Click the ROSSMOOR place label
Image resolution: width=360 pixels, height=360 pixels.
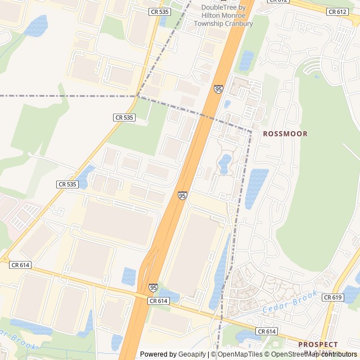(x=285, y=134)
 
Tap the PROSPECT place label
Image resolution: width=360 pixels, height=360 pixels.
(x=318, y=344)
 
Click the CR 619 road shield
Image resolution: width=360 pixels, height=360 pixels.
(x=334, y=297)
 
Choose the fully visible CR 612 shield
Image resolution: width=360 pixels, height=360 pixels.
(x=337, y=11)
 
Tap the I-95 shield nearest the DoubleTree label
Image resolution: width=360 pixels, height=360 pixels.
(x=218, y=89)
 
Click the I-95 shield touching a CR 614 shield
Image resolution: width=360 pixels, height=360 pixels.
(x=154, y=287)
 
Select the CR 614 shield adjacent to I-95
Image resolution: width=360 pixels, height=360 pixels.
(x=159, y=301)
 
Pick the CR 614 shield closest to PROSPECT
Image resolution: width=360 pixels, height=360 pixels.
(x=267, y=332)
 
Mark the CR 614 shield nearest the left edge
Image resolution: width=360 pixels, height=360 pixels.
(x=20, y=264)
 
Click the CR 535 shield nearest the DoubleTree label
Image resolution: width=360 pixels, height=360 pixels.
(x=160, y=11)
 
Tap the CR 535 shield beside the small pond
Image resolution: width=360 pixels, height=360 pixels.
(x=67, y=184)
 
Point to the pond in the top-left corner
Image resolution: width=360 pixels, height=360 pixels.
(x=37, y=25)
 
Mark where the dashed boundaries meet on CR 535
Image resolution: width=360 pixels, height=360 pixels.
(x=138, y=96)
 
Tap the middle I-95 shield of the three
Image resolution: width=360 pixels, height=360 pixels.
(x=182, y=195)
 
